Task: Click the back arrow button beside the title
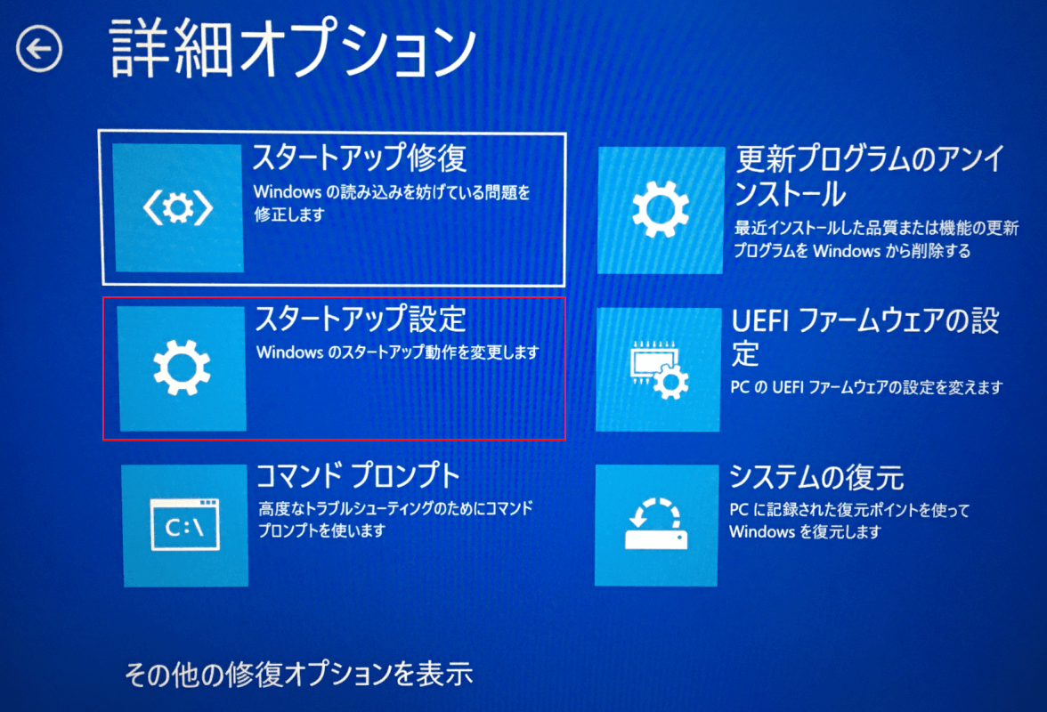coord(39,49)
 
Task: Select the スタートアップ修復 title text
coord(360,158)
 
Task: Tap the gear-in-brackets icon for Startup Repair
coord(178,208)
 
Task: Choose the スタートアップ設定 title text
coord(361,319)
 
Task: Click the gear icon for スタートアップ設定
coord(182,368)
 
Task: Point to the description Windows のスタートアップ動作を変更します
coord(397,352)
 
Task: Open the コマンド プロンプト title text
coord(359,476)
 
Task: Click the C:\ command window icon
coord(185,524)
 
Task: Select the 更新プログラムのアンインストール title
coord(869,176)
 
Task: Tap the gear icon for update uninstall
coord(661,209)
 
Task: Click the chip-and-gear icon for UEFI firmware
coord(660,369)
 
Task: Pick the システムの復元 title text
coord(816,477)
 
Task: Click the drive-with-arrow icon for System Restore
coord(655,524)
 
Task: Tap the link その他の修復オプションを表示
coord(298,675)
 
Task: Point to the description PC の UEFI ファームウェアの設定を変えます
coord(867,387)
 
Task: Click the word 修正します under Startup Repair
coord(289,214)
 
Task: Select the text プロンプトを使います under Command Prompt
coord(322,530)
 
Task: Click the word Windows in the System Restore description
coord(762,532)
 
